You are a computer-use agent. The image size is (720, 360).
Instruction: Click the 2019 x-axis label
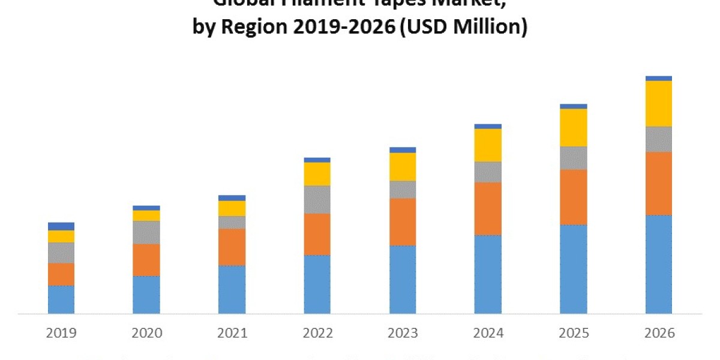pos(61,332)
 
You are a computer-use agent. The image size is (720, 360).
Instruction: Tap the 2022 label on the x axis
pos(317,332)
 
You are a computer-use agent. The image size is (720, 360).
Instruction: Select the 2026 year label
pos(659,332)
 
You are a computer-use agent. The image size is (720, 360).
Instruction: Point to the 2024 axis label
pos(488,332)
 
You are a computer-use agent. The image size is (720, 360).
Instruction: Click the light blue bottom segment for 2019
pos(61,299)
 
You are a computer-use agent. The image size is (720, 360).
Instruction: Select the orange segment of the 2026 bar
pos(659,183)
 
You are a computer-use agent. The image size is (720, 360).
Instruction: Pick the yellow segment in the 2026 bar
pos(659,103)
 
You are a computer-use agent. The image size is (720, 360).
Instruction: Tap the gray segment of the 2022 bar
pos(317,199)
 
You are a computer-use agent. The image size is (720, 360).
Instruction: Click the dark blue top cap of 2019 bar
pos(61,226)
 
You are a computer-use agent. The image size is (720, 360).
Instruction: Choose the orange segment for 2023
pos(403,221)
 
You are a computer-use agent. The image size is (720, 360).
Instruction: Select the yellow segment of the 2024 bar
pos(488,145)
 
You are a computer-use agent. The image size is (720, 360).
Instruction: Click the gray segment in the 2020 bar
pos(146,232)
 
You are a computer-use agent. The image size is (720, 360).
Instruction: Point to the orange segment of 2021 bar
pos(232,247)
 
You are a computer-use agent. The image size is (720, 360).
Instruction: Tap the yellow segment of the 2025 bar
pos(574,127)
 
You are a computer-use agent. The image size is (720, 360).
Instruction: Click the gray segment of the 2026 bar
pos(659,139)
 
